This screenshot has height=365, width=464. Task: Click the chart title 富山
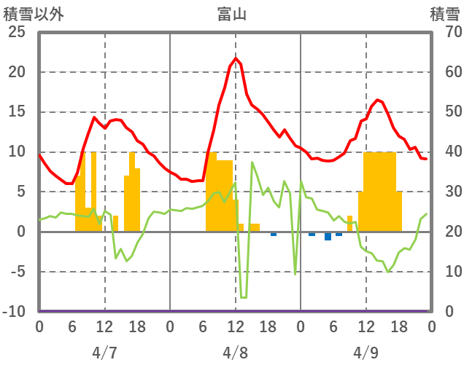[231, 13]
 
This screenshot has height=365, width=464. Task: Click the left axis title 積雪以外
[34, 13]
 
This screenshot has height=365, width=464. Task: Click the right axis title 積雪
[444, 13]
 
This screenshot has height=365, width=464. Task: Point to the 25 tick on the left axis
[17, 32]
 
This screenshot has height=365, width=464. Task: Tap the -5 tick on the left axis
[18, 272]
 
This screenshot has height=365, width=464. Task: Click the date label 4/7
[104, 353]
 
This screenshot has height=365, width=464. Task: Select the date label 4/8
[236, 353]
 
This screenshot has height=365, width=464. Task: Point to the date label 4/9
[366, 353]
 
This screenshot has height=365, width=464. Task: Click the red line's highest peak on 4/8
[236, 58]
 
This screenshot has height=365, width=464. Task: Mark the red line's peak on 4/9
[378, 100]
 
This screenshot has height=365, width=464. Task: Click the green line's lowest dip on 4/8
[243, 297]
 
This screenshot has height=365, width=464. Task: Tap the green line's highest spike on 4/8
[252, 162]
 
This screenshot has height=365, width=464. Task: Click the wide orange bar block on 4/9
[379, 192]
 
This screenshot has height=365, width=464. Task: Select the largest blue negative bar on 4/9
[328, 236]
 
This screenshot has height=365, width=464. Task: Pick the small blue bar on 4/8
[274, 234]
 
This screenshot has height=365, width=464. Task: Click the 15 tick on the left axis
[17, 112]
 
